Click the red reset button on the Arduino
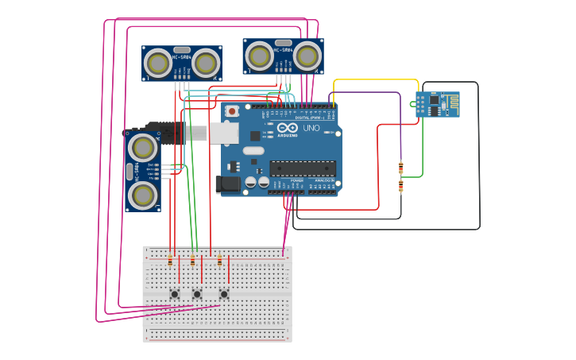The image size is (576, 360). click(232, 111)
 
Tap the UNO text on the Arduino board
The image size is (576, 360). click(311, 128)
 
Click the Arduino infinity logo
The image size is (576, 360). click(288, 128)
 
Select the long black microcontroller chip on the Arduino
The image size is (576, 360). click(303, 168)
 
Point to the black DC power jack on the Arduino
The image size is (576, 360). click(228, 184)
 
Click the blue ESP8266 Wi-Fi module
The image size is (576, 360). click(437, 104)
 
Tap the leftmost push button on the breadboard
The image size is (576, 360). click(175, 294)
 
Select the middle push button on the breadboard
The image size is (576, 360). click(197, 294)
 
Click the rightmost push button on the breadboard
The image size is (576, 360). click(224, 294)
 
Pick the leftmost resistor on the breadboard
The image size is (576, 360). click(170, 261)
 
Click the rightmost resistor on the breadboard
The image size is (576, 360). click(220, 261)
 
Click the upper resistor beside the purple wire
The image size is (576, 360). click(400, 167)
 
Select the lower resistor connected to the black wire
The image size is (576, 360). click(400, 186)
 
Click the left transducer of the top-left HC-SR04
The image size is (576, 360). click(158, 63)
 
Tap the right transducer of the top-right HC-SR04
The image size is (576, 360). click(307, 56)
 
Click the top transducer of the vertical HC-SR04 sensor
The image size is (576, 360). click(142, 147)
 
